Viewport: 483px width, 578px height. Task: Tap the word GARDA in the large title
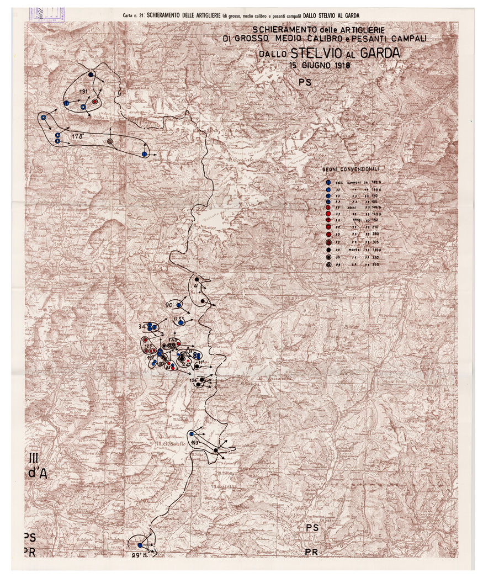pos(380,54)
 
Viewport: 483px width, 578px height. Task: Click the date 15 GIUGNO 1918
pos(320,64)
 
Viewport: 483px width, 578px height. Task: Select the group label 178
pos(77,135)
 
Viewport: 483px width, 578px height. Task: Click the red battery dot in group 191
pos(95,102)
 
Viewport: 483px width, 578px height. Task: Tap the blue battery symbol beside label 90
pos(179,305)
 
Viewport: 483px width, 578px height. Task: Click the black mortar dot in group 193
pos(215,451)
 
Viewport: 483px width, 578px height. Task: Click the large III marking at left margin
pos(34,457)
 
